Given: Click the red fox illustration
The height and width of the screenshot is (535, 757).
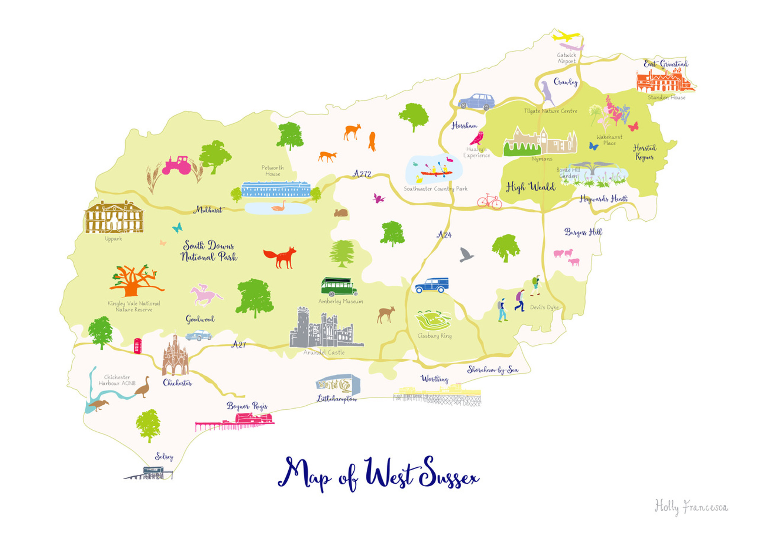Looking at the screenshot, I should click(280, 257).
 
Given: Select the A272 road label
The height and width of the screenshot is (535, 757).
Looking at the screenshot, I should click(362, 174).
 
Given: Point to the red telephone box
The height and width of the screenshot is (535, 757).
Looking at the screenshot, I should click(138, 346).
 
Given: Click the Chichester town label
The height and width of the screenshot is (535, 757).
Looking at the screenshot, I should click(177, 383).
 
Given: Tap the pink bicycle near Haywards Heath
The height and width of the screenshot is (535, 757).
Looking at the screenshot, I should click(489, 201).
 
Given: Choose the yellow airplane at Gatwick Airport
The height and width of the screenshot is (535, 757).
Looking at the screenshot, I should click(565, 37).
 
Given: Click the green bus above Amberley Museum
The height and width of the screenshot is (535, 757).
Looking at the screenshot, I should click(339, 287).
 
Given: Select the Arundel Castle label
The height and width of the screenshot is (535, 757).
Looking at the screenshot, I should click(324, 352).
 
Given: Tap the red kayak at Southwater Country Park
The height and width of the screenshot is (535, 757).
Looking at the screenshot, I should click(436, 172).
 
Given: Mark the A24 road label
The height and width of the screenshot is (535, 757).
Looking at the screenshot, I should click(444, 235).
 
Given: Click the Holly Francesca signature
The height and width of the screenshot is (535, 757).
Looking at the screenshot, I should click(691, 507).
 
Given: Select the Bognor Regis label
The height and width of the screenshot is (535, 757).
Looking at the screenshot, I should click(247, 406).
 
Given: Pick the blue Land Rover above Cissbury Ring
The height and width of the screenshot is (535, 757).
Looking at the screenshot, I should click(432, 285).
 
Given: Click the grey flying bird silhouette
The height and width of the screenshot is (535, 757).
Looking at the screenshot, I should click(466, 255).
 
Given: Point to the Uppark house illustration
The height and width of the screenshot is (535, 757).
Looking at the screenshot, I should click(114, 217).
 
